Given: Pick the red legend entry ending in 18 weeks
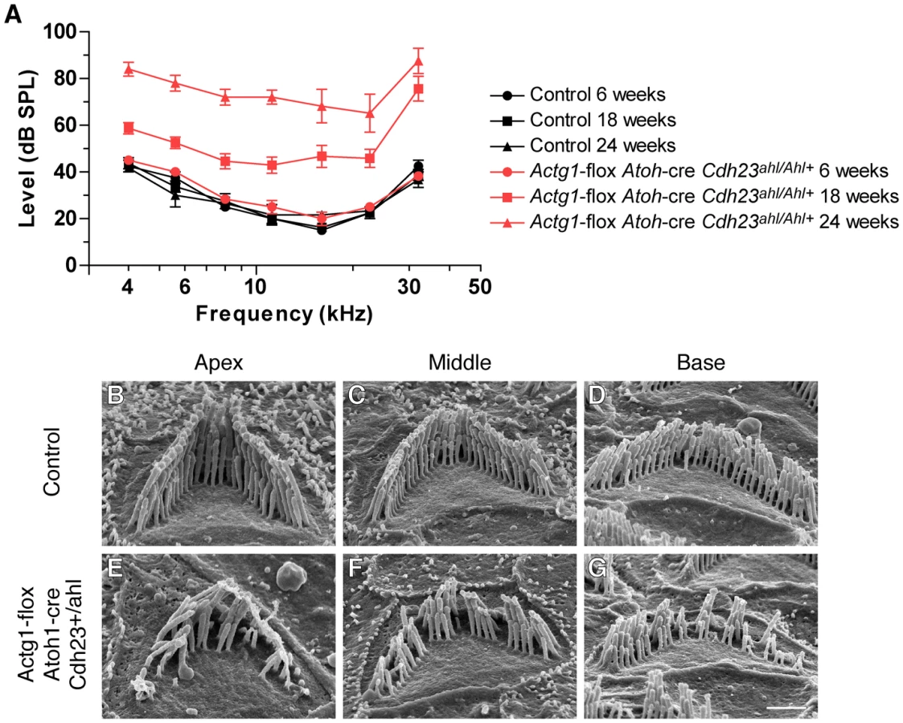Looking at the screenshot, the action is (694, 196).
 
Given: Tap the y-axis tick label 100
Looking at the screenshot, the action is (60, 31).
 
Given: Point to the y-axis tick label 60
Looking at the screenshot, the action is (65, 125).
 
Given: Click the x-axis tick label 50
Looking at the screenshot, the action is (480, 286).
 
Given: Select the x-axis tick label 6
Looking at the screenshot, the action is (184, 286).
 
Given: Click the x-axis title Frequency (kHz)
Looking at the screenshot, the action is (284, 314).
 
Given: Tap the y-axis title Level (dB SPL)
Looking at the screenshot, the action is (27, 149).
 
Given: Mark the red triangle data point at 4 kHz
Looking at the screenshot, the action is (129, 70).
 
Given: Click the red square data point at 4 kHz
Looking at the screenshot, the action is (129, 128).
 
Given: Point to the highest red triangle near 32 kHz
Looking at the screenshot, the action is (419, 61).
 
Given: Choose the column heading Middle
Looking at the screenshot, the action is (460, 362).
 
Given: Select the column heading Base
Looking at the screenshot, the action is (701, 362).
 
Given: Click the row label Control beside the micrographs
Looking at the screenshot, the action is (51, 461).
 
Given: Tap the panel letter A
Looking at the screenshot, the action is (13, 14).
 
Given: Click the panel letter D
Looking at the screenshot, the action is (597, 395).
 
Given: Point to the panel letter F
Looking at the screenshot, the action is (356, 568).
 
